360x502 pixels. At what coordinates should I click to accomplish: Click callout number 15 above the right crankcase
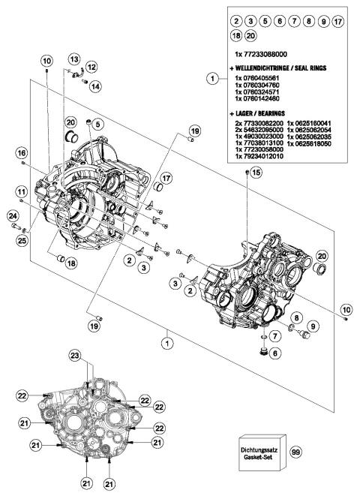pos(257,173)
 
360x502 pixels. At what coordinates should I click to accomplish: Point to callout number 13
pos(74,59)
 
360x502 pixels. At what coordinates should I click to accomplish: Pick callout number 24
pos(13,218)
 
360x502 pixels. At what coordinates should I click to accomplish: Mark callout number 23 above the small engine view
pos(95,355)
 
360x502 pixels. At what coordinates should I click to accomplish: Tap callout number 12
pos(91,68)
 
